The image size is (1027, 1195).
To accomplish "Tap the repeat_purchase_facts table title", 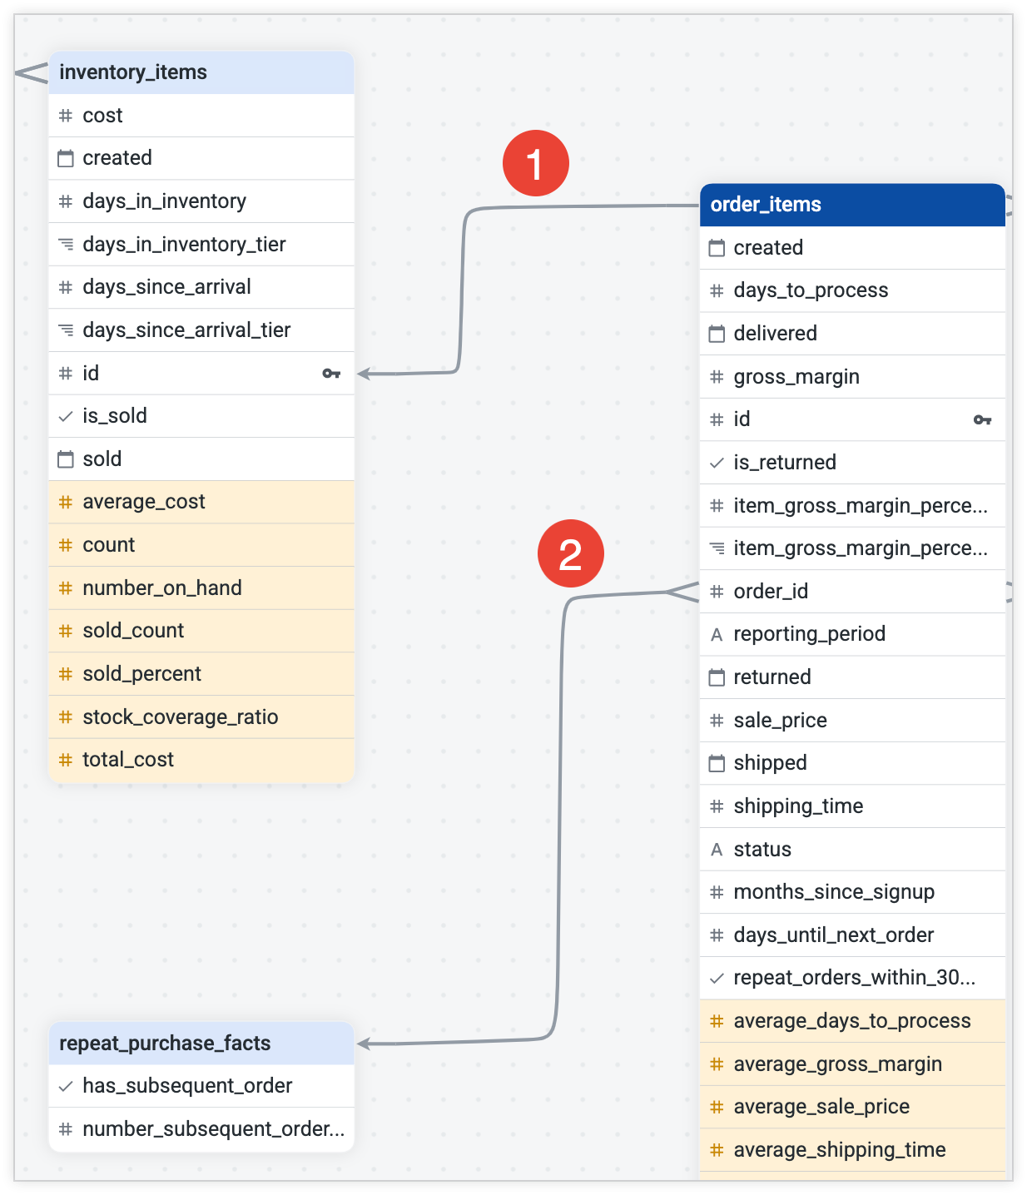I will click(165, 1044).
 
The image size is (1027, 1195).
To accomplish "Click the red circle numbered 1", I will click(535, 163).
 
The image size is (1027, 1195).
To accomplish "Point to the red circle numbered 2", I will click(570, 553).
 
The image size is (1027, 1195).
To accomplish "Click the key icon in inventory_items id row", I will click(331, 374).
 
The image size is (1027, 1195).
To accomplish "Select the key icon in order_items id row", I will click(982, 419).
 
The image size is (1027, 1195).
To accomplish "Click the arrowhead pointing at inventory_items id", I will click(364, 374).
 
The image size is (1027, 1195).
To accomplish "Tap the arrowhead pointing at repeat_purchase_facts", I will click(364, 1044).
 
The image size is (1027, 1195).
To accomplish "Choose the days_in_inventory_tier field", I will click(184, 245).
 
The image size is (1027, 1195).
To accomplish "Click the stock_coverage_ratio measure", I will click(180, 717).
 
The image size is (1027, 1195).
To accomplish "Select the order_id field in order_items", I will click(771, 592).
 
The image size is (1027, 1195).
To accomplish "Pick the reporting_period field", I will click(809, 634).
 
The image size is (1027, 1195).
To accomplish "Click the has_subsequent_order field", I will click(187, 1086).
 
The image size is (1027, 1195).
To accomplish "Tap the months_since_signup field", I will click(834, 892).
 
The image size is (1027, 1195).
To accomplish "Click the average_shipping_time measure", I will click(839, 1150).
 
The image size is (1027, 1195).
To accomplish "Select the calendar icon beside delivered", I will click(717, 334).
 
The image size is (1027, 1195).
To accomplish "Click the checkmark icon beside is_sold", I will click(66, 416).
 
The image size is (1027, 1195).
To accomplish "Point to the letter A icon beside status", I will click(717, 850).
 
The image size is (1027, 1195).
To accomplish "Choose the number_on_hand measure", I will click(161, 588).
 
